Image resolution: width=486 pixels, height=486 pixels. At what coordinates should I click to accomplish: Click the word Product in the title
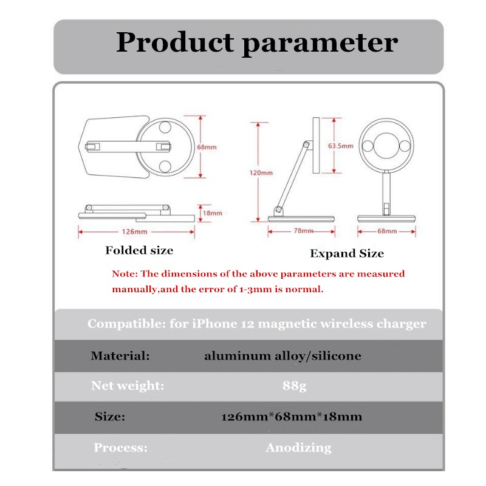(x=174, y=43)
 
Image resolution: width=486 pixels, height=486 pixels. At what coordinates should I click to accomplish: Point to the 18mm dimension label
(x=213, y=213)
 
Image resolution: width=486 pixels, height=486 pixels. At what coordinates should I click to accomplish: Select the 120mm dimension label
(x=262, y=173)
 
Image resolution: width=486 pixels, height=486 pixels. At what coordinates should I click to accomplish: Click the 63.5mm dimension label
(x=340, y=146)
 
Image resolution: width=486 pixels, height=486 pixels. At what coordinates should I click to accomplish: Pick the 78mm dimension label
(x=304, y=231)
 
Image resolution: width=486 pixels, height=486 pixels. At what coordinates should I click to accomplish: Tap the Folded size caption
(x=139, y=250)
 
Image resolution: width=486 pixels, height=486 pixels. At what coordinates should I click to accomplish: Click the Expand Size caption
(x=347, y=253)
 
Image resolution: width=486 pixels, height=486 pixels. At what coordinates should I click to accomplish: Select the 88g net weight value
(x=295, y=386)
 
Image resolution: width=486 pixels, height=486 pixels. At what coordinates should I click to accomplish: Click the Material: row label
(x=120, y=355)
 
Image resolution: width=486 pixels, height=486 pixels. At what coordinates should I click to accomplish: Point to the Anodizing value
(x=298, y=448)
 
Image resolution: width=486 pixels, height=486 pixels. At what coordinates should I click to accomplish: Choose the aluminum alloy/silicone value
(x=282, y=355)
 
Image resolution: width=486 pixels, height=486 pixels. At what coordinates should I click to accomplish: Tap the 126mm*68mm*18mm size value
(x=292, y=417)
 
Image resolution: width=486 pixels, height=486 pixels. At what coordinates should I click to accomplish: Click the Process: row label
(x=120, y=448)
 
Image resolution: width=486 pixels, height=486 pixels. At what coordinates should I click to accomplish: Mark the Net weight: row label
(x=128, y=386)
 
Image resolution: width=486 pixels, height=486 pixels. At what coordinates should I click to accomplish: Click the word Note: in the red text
(x=125, y=274)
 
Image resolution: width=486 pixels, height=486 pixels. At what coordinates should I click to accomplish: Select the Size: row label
(x=110, y=417)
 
